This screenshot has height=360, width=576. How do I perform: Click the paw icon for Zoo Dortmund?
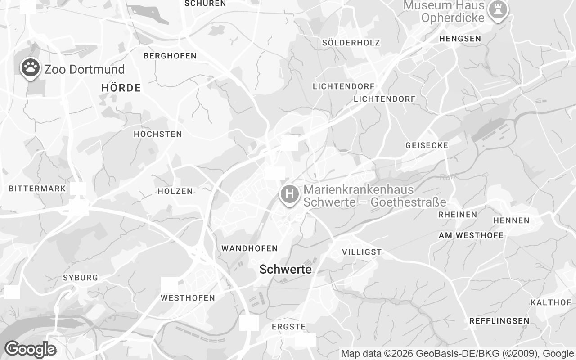click(30, 68)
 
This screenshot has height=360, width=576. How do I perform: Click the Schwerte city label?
click(285, 270)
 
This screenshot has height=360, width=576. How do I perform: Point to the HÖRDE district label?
click(121, 88)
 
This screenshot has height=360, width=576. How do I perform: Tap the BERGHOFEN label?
click(170, 56)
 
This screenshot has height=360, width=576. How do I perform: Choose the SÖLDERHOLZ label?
click(351, 43)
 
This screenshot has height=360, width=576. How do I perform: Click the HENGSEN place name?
click(460, 39)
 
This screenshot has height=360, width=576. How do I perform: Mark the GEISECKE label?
click(427, 145)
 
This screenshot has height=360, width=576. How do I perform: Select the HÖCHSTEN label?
click(157, 134)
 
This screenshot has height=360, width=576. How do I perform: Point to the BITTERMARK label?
click(37, 189)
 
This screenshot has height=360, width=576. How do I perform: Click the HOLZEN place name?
click(175, 191)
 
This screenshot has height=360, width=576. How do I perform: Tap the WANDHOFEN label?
click(249, 248)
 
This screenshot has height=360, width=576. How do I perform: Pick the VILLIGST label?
click(362, 252)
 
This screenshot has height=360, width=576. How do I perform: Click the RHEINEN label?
click(457, 215)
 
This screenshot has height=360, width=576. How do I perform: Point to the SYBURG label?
click(81, 278)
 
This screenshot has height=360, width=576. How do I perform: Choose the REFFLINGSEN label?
click(499, 321)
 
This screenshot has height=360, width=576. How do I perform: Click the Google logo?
click(30, 349)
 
